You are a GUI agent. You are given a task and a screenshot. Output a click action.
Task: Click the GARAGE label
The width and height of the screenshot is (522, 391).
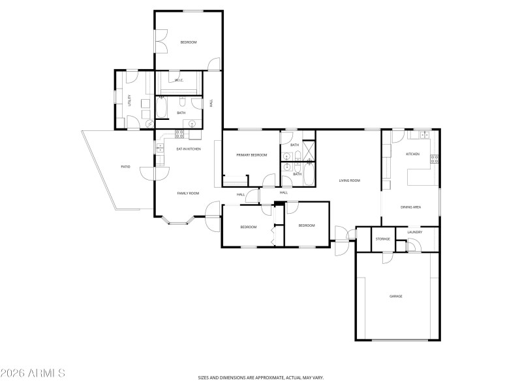395,296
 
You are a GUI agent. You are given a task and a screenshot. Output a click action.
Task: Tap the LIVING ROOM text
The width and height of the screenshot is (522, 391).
349,181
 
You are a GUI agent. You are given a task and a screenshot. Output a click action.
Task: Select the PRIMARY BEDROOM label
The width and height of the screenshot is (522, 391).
252,155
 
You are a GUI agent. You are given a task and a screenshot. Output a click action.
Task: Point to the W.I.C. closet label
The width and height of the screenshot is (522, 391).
179,81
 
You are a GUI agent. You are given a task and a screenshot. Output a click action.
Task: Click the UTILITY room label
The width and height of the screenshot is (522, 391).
130,100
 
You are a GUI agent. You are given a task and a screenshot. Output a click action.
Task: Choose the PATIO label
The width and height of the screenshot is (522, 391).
125,167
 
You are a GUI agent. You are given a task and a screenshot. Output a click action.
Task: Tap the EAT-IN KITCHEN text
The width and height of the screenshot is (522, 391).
188,149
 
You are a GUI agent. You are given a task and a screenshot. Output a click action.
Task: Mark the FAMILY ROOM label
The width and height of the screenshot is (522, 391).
188,194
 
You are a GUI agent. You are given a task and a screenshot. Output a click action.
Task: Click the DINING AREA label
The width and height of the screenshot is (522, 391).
410,207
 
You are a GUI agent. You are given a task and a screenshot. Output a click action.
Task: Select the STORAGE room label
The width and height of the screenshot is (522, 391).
382,239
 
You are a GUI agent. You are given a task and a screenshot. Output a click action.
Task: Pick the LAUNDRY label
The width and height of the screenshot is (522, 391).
414,232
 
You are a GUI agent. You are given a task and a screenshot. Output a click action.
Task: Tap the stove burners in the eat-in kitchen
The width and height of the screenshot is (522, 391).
179,134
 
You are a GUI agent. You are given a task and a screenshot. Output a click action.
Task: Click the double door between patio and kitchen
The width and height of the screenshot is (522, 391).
155,171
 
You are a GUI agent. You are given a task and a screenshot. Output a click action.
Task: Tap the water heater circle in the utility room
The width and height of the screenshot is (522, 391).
149,123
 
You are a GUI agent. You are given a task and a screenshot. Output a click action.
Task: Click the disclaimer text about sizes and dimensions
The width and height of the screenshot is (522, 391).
261,377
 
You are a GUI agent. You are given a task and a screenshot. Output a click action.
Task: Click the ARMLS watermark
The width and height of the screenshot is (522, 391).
33,373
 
